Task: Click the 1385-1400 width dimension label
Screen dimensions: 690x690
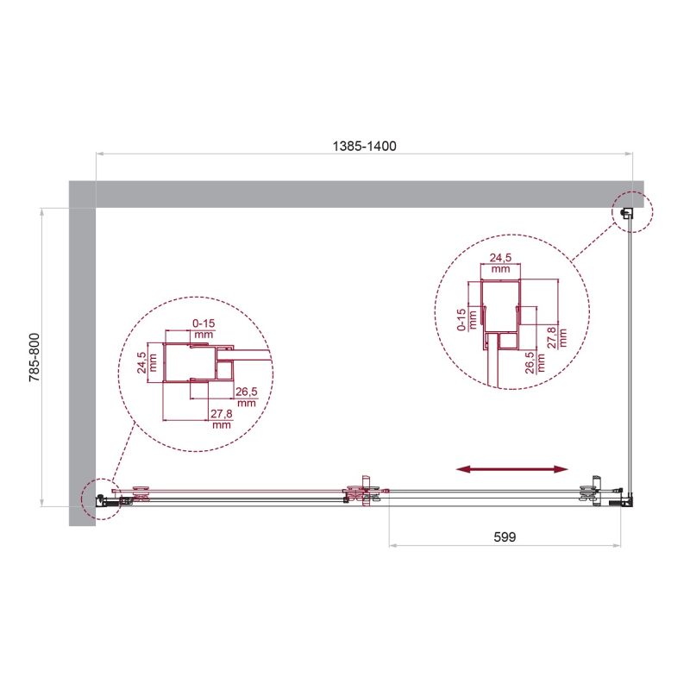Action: click(364, 147)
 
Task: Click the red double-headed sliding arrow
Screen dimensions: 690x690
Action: click(512, 469)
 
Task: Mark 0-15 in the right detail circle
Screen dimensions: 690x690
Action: click(462, 319)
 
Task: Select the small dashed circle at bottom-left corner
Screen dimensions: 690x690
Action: click(100, 499)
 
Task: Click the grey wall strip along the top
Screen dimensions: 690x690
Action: click(362, 194)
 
